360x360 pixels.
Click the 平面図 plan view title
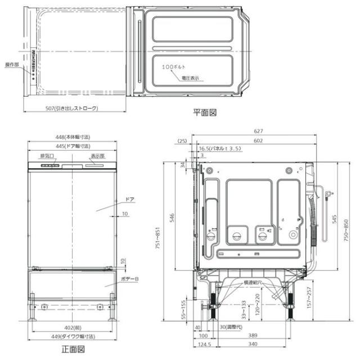pos(205,112)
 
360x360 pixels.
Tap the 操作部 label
pos(12,65)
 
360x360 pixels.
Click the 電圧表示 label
pos(190,78)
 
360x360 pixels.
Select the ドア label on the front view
pos(129,200)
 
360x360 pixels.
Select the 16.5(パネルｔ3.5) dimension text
pos(220,148)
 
